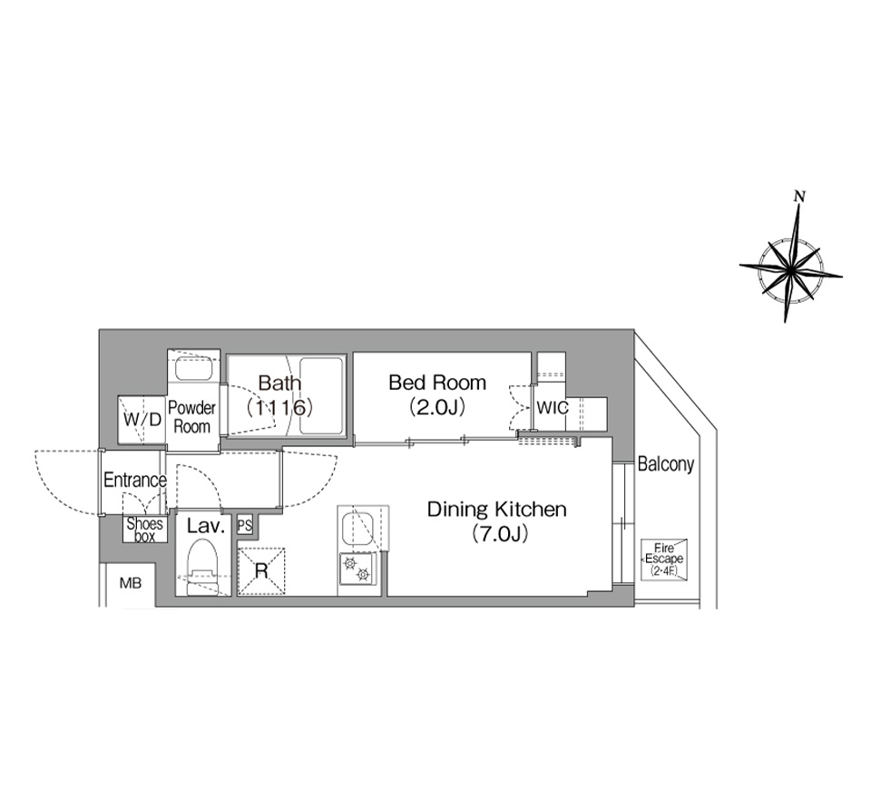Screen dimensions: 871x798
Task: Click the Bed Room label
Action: click(437, 383)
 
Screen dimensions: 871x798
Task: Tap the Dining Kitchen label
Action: click(496, 510)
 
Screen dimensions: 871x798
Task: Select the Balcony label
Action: click(665, 463)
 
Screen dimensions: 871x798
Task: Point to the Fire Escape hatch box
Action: click(664, 560)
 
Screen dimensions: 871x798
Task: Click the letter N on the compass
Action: click(800, 196)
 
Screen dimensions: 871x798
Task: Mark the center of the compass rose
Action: click(790, 268)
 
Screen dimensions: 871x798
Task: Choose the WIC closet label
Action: click(553, 408)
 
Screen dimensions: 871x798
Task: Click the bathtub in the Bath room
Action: click(321, 396)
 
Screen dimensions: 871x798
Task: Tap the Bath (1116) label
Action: click(280, 395)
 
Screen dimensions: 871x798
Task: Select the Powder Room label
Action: click(191, 417)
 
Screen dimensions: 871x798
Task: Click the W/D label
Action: click(142, 419)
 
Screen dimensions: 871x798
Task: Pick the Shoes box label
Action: click(144, 530)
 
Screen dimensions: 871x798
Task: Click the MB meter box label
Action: click(131, 583)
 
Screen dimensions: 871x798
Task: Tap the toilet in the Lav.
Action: click(201, 569)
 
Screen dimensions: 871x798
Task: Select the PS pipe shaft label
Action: click(244, 525)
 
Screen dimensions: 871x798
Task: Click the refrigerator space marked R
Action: click(261, 572)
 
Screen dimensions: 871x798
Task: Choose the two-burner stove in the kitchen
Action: click(357, 569)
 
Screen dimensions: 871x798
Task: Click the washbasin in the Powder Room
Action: click(191, 368)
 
